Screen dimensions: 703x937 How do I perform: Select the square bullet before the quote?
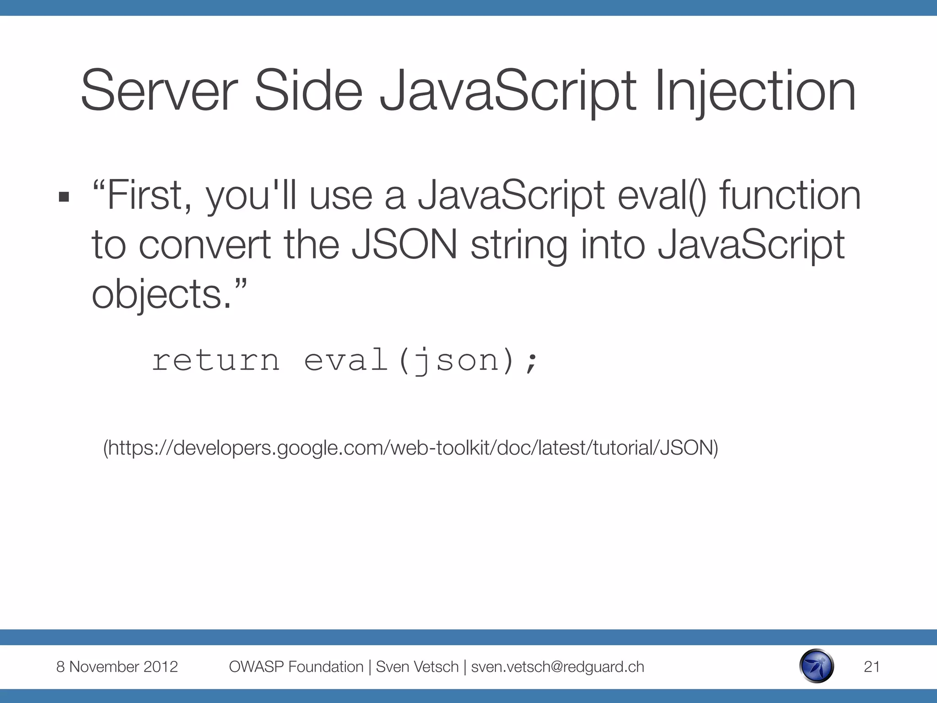(x=64, y=197)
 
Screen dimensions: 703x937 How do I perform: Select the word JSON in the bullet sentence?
(x=404, y=245)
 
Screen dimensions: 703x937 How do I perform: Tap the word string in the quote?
(x=519, y=246)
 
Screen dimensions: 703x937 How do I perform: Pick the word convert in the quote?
(x=204, y=245)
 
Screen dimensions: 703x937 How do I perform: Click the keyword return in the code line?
(x=215, y=361)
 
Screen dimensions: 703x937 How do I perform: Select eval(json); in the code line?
(x=421, y=361)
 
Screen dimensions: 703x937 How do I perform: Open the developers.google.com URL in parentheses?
(x=410, y=448)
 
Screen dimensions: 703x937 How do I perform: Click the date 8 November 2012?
(x=117, y=667)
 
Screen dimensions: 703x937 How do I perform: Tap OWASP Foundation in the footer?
(x=296, y=667)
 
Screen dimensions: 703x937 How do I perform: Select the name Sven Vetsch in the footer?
(x=417, y=667)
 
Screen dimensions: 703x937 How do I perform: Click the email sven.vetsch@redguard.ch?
(x=557, y=667)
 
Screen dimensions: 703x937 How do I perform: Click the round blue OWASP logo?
(x=816, y=666)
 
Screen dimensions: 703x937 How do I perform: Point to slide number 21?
(x=872, y=667)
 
